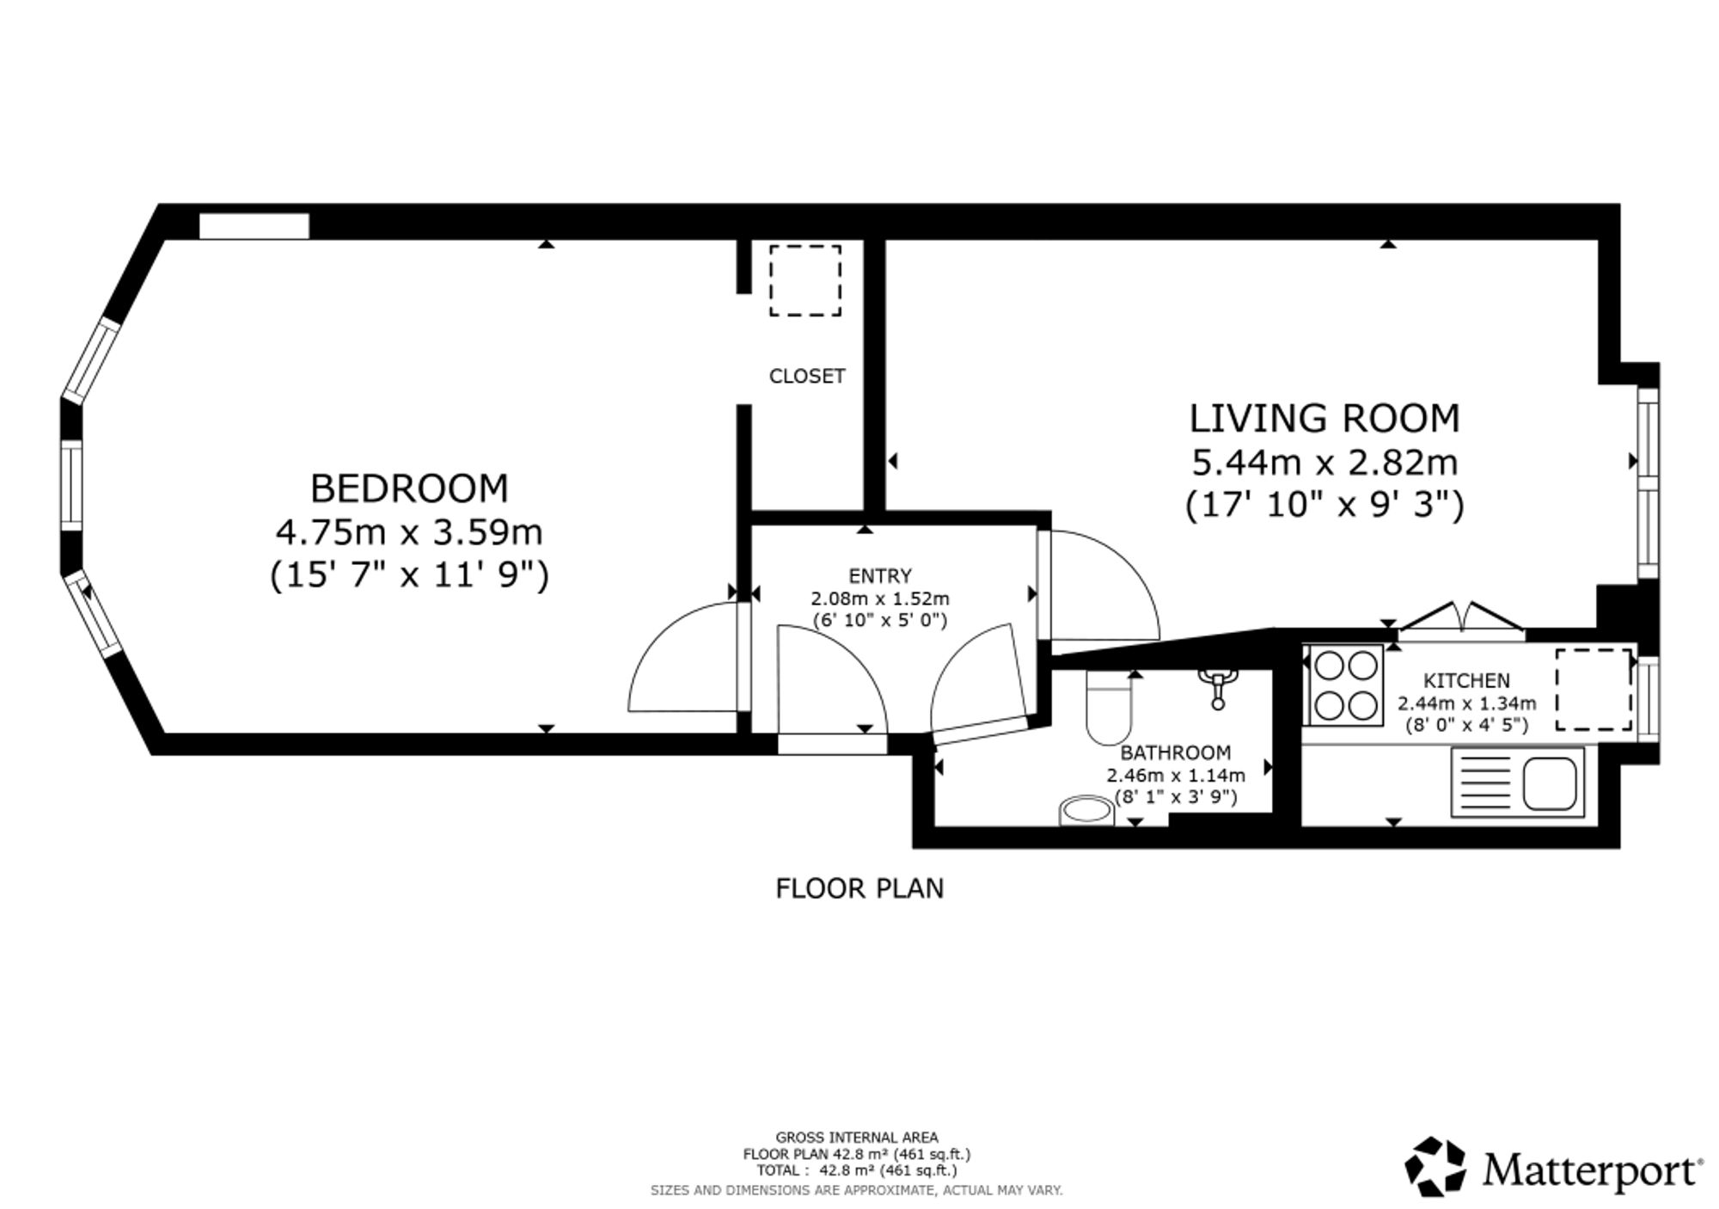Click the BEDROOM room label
[409, 488]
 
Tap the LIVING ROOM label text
[1324, 419]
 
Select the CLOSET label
[807, 376]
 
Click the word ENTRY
[880, 575]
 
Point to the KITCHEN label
[1466, 681]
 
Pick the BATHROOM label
[1175, 753]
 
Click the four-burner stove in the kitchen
[1346, 685]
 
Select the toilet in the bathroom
[1110, 707]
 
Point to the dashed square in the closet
[805, 280]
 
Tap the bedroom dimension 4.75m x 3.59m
[409, 532]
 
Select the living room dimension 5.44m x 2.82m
[1324, 463]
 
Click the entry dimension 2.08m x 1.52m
[880, 598]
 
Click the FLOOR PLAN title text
[859, 888]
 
